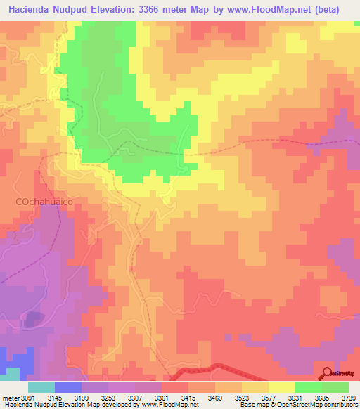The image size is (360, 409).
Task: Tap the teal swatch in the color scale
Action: click(41, 387)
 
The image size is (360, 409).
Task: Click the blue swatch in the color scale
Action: click(68, 387)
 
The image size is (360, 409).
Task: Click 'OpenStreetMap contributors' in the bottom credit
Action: click(320, 405)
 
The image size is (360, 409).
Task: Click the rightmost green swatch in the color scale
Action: click(335, 387)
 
